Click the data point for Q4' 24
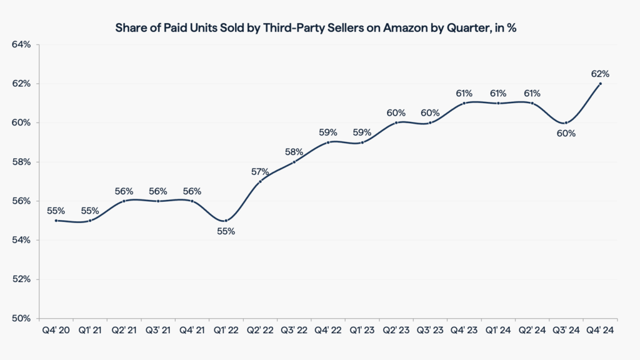(x=601, y=84)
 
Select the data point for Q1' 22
(x=226, y=220)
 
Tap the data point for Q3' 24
(x=566, y=122)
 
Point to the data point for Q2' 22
(x=260, y=181)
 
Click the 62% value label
(x=600, y=74)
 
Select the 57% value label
(x=260, y=171)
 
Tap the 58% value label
(x=294, y=152)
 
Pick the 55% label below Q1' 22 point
(x=226, y=231)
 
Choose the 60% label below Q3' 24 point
(x=566, y=133)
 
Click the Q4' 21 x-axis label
(x=192, y=331)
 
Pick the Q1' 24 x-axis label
(x=498, y=331)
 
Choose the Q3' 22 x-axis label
(x=294, y=331)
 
